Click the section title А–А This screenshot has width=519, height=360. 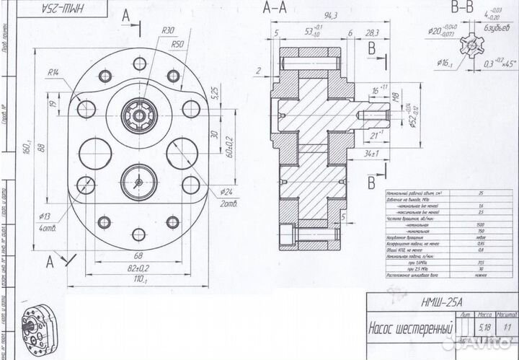pyautogui.click(x=276, y=9)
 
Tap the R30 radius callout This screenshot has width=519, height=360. pyautogui.click(x=169, y=31)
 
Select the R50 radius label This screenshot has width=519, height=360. pyautogui.click(x=178, y=45)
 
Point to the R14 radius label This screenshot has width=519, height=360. pyautogui.click(x=54, y=72)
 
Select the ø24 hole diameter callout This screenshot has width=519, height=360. pyautogui.click(x=228, y=193)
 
